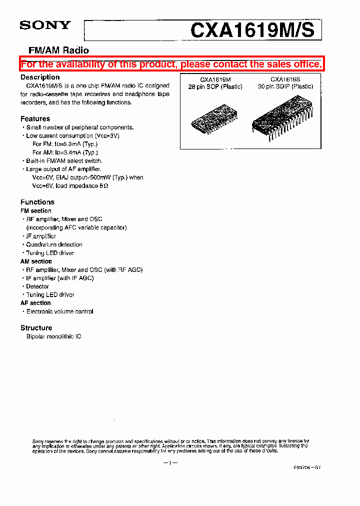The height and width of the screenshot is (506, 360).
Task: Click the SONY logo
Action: [x=45, y=25]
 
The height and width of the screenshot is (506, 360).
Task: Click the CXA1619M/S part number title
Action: [x=252, y=30]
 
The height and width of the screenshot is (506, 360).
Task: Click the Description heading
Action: [x=40, y=77]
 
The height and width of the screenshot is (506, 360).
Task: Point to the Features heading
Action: [x=35, y=119]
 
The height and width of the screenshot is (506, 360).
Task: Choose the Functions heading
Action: [x=37, y=202]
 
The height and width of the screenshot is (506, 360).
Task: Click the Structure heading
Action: [x=36, y=328]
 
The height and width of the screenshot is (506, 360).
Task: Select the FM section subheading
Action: [x=35, y=211]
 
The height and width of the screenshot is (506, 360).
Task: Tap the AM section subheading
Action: [x=36, y=261]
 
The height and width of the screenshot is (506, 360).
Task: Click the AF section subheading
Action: [x=35, y=303]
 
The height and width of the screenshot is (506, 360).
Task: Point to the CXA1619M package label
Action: [x=215, y=79]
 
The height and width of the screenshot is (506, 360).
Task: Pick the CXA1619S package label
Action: [x=285, y=79]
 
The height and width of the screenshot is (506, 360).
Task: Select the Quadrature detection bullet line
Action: [x=54, y=244]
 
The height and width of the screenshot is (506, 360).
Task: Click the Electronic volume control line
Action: [x=59, y=311]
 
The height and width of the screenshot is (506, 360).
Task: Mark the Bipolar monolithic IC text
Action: [x=53, y=336]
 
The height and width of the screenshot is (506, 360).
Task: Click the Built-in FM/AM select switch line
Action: [x=64, y=161]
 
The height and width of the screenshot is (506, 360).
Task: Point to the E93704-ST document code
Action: [x=307, y=467]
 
